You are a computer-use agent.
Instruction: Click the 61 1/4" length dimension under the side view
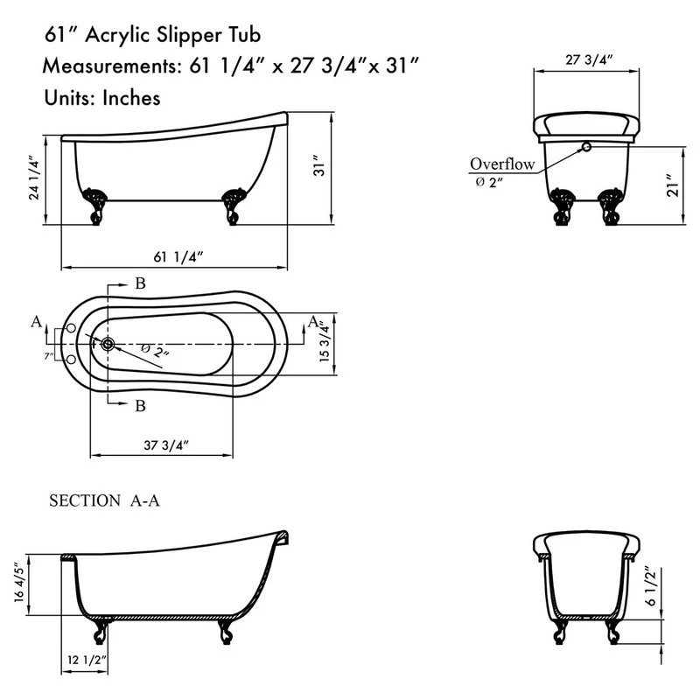[x=178, y=257]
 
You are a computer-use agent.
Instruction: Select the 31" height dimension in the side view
[x=319, y=169]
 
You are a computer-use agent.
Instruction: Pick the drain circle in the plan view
[x=107, y=345]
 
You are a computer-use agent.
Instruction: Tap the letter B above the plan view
[x=140, y=283]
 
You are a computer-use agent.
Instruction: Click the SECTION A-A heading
[x=104, y=501]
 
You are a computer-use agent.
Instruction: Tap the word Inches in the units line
[x=131, y=98]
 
